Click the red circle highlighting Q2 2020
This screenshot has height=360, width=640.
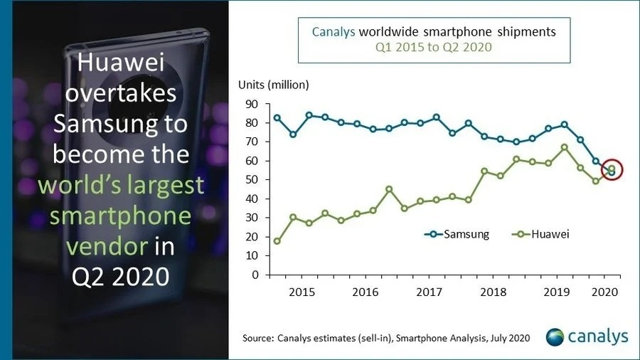click(612, 170)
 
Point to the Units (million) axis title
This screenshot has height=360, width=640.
click(273, 85)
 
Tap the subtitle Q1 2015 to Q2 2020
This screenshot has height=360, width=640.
click(434, 48)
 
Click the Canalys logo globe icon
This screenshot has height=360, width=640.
click(557, 336)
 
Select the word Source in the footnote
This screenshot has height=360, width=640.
click(257, 338)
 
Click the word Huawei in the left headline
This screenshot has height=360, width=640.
click(120, 64)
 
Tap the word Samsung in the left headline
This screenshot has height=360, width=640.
click(121, 124)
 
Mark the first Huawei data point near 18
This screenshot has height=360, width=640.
click(277, 241)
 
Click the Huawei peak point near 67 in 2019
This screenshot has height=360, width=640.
click(564, 147)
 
